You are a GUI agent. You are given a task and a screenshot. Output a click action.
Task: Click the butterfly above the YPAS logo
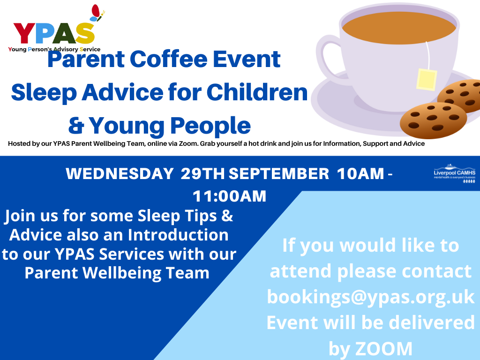tap(97, 13)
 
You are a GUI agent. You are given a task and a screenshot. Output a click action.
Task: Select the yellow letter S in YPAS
tap(85, 33)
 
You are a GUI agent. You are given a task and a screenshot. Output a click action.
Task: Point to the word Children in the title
tap(257, 92)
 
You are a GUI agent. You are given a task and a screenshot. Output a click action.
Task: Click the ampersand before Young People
tap(76, 126)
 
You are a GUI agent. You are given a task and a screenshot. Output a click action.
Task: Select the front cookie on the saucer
tap(433, 120)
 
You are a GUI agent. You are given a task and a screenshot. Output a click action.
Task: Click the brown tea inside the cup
tap(399, 28)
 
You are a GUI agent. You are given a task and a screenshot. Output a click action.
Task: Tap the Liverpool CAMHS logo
tap(454, 173)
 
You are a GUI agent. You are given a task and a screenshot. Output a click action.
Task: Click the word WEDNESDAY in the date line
tap(120, 173)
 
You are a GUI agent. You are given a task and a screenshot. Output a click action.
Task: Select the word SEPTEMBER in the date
tap(279, 173)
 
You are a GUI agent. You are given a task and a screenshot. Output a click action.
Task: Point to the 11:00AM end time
tap(229, 196)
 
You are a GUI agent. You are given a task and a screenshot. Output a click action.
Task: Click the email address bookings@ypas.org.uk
tap(371, 296)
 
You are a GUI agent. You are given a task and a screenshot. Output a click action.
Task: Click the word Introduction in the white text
tap(178, 235)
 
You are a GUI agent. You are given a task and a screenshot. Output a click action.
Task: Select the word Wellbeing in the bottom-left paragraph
tap(122, 273)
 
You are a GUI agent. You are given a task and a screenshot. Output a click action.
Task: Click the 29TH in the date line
tap(202, 173)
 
